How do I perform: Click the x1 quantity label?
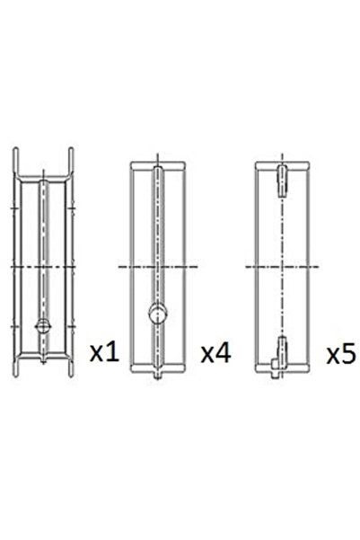[104, 352]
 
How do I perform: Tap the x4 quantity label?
[216, 352]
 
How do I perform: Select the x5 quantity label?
[341, 354]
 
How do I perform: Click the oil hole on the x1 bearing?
[43, 325]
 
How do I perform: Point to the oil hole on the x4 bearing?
[158, 314]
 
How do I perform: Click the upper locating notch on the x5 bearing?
[282, 181]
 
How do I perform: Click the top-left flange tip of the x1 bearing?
[15, 148]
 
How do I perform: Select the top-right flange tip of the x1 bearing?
[71, 148]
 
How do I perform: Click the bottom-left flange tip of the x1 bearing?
[15, 376]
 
